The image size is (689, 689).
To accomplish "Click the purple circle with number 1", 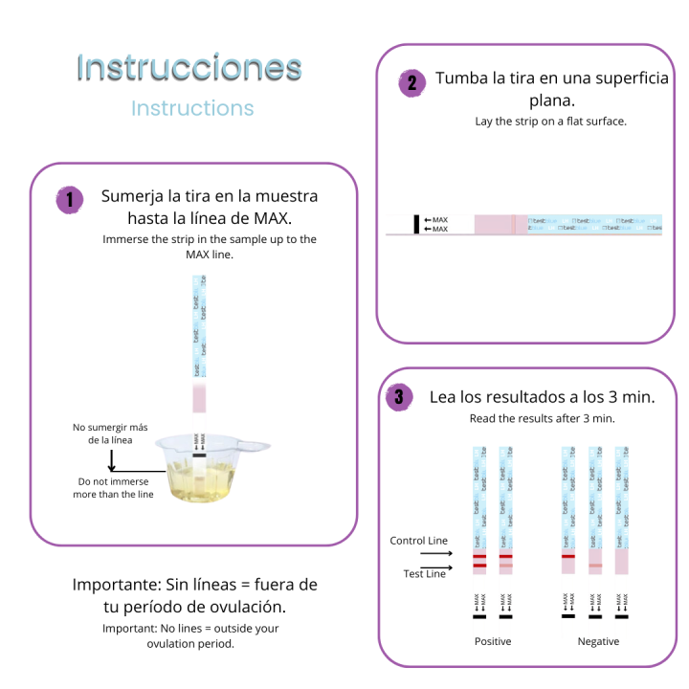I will point(69,200).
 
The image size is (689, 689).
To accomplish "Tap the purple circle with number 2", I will point(411,82).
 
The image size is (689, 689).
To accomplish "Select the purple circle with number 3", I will point(399,397).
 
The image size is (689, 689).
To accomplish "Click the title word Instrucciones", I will point(189,68).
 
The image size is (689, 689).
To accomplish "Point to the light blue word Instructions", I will point(192,107).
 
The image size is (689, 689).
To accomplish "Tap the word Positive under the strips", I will point(493,641).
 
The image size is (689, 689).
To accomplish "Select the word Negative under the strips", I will point(598,641).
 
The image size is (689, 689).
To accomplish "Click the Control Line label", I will point(418,541).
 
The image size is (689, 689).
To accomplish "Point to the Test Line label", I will point(422,573).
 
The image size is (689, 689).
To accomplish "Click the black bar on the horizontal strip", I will point(416,224).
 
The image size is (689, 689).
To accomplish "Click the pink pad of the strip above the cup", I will point(199,399).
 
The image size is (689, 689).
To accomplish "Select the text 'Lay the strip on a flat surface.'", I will point(550,122).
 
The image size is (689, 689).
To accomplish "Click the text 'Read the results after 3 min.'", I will point(542,418).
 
